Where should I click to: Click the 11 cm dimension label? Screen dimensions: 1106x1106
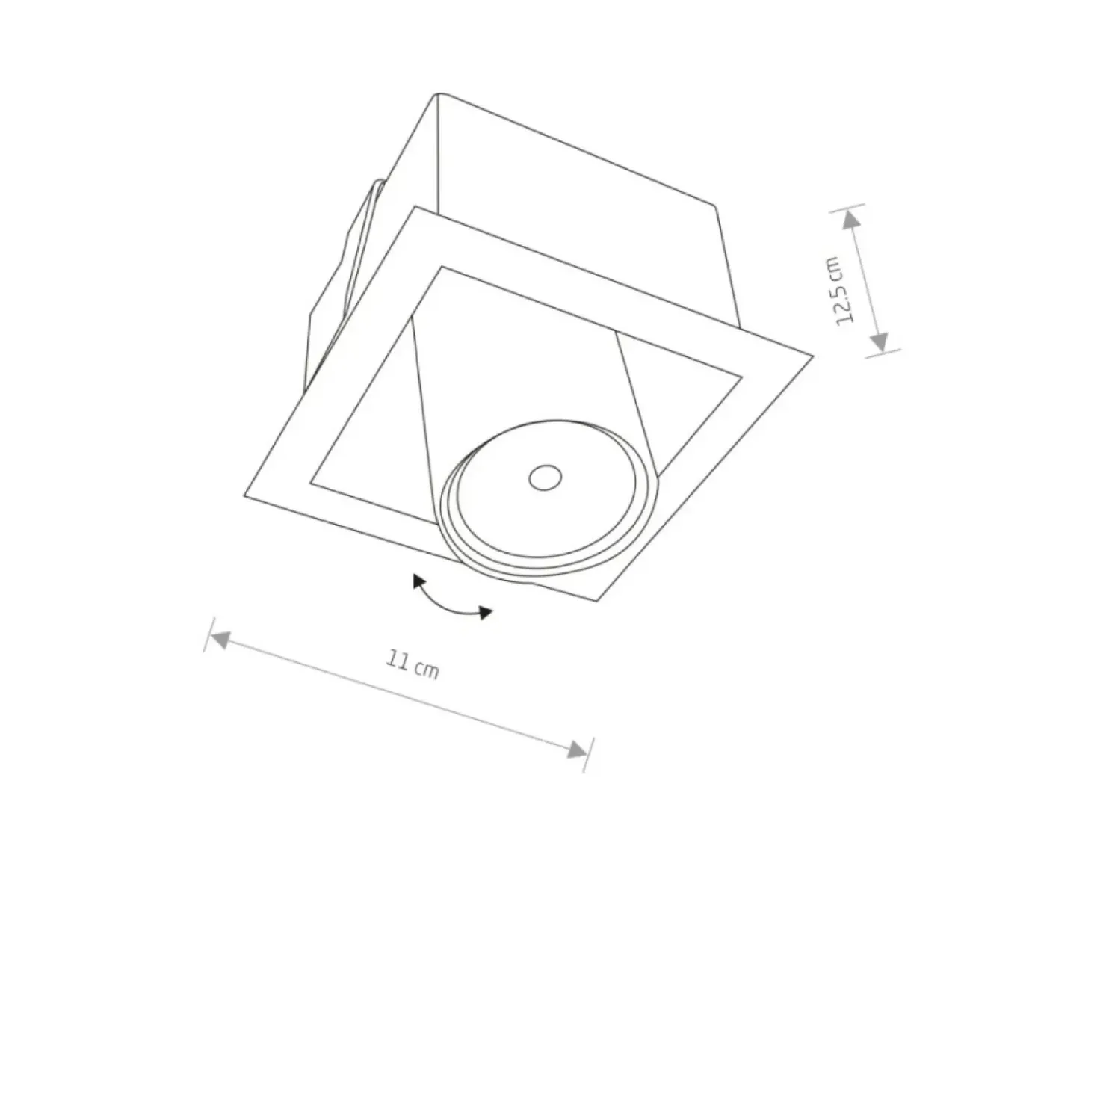pos(412,664)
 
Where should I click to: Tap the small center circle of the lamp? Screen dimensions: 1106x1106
pos(546,478)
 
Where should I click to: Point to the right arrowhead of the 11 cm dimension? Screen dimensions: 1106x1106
pos(577,750)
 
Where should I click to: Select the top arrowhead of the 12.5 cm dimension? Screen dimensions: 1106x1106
pos(850,220)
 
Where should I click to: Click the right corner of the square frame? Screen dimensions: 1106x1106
pos(812,356)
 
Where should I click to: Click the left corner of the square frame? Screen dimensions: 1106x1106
pos(244,495)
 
